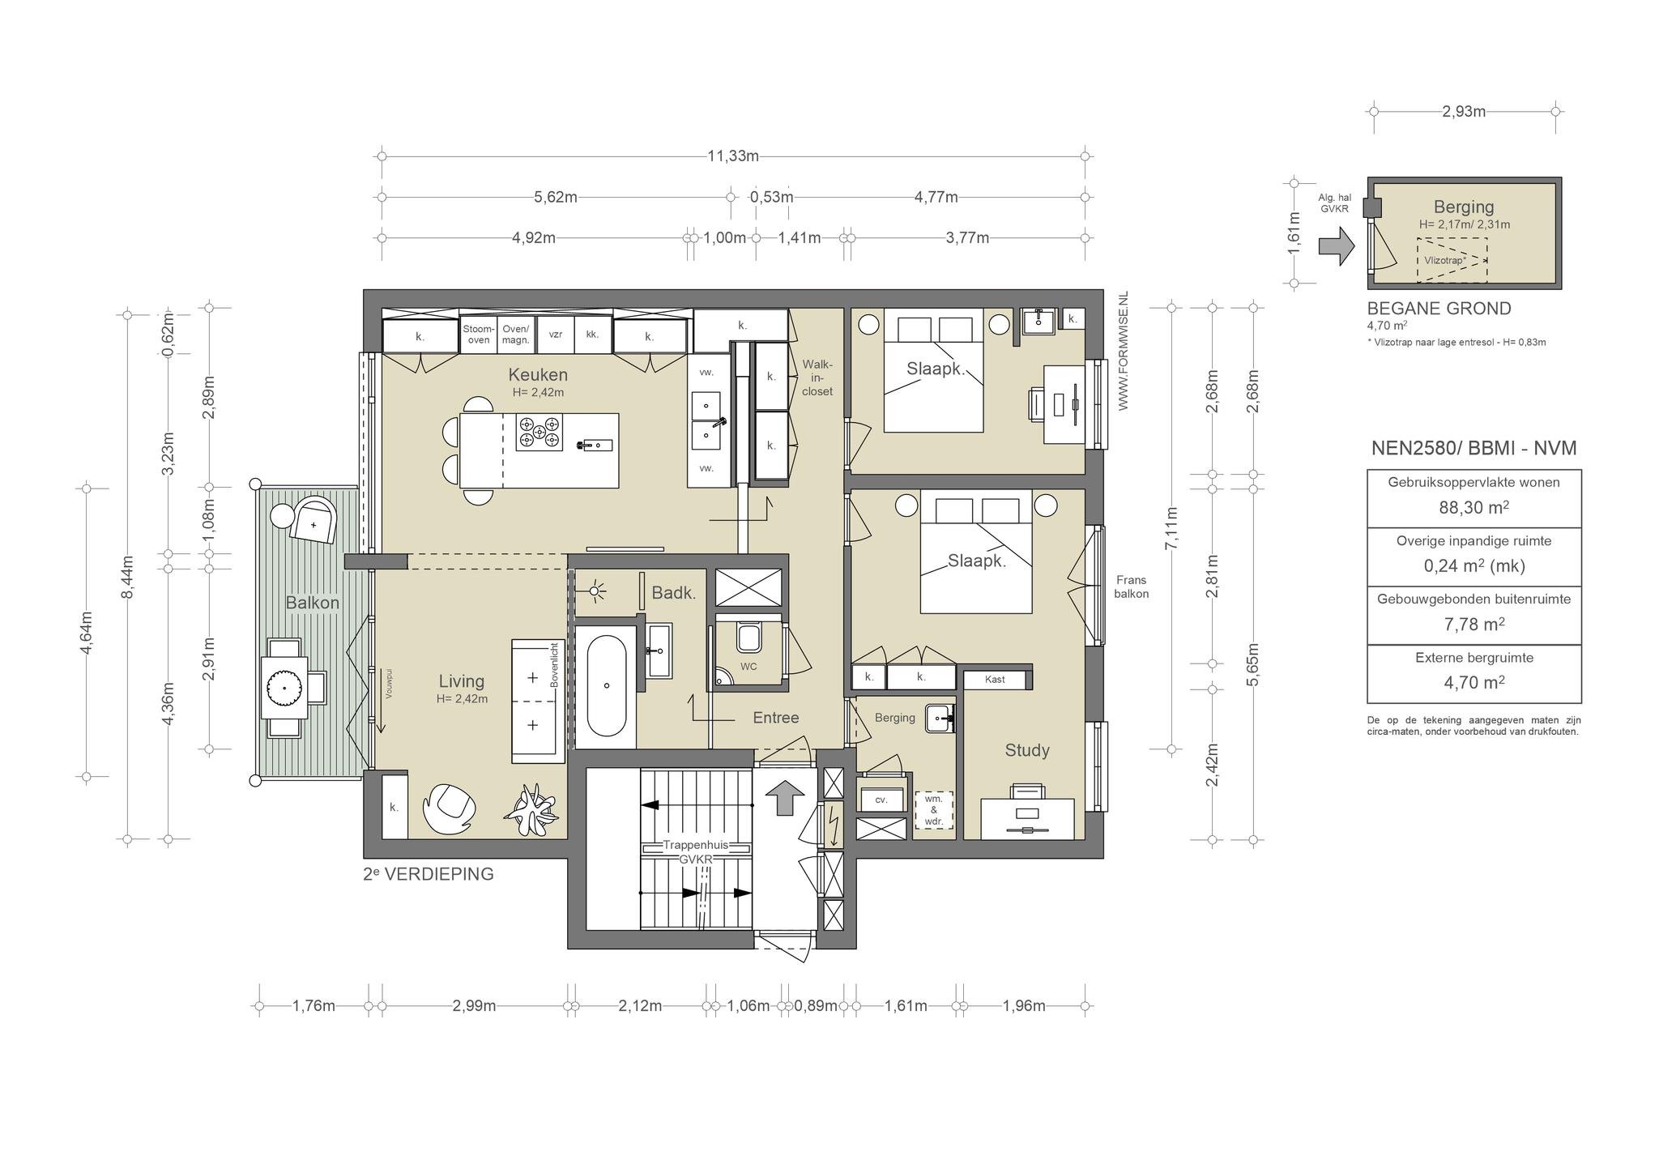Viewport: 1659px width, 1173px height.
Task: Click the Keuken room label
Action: (x=538, y=375)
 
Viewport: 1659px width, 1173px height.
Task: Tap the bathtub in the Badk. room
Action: (x=607, y=685)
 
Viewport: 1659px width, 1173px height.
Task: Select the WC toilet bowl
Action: (x=748, y=638)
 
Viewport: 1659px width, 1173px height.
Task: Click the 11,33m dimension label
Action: (x=733, y=156)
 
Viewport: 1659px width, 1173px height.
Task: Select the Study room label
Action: (x=1027, y=750)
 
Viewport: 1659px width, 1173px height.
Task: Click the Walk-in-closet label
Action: (x=817, y=377)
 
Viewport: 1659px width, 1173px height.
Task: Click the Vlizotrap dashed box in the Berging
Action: (x=1452, y=260)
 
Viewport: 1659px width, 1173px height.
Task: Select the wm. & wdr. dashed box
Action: (x=933, y=810)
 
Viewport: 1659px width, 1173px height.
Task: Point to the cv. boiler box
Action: (x=881, y=799)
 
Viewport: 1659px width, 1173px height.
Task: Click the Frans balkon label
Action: (x=1131, y=586)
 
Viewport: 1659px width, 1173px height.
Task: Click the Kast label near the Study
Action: (x=995, y=679)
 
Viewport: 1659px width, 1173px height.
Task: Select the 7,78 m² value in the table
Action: (x=1473, y=625)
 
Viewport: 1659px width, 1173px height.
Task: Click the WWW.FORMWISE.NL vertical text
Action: (x=1124, y=353)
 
